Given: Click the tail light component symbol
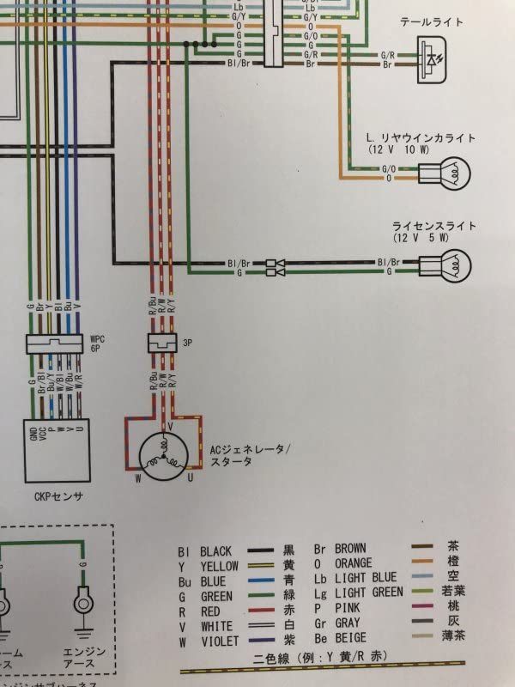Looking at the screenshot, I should (434, 64).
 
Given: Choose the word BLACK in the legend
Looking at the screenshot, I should (216, 550).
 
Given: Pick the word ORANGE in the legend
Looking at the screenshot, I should (354, 562).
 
